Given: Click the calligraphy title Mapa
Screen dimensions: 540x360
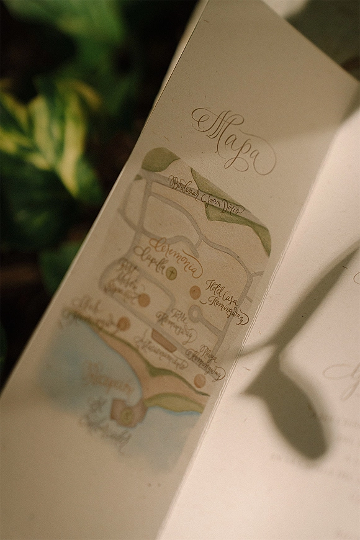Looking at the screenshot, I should (235, 142).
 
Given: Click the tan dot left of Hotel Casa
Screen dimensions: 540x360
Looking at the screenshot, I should (195, 291).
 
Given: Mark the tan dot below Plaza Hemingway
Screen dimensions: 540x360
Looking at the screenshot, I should (199, 381).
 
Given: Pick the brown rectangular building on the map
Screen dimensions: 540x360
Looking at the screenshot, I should (162, 337).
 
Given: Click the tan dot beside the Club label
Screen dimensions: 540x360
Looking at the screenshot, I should (124, 323).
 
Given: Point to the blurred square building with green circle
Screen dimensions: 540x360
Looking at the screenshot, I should (124, 412).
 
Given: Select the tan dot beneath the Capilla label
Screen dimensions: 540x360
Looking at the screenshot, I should (144, 300).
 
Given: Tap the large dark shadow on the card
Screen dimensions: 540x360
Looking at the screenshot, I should (292, 397).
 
